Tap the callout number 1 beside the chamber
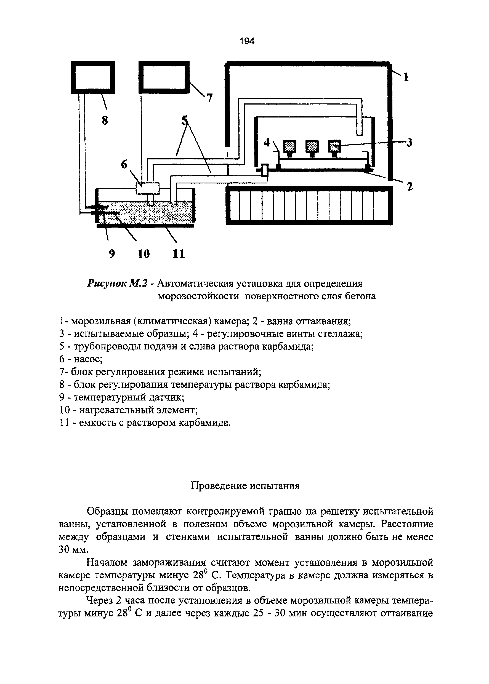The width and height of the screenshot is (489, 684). (x=406, y=77)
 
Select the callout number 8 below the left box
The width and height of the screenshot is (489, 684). (x=105, y=121)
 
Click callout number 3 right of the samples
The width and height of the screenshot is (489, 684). (x=409, y=143)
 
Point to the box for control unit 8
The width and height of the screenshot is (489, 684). (x=93, y=77)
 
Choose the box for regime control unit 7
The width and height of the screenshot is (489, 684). (x=164, y=77)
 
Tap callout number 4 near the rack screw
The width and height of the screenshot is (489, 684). (x=267, y=143)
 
